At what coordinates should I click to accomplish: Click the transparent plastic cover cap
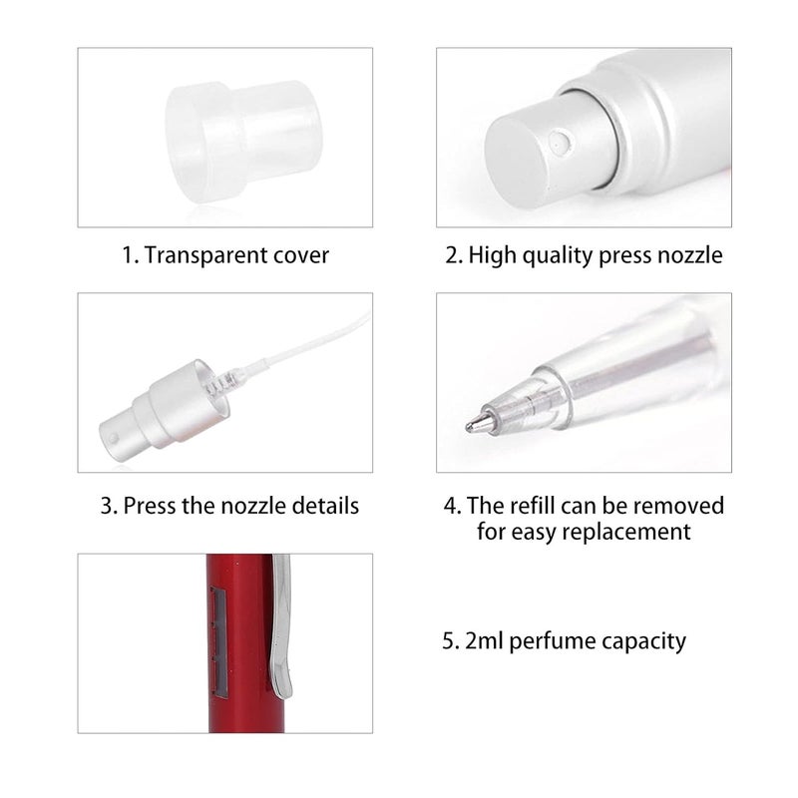click(243, 140)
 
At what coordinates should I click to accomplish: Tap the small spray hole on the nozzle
click(561, 145)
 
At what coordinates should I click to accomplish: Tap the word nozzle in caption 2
click(688, 254)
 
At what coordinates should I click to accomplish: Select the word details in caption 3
click(322, 506)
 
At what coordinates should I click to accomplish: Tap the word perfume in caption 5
click(555, 640)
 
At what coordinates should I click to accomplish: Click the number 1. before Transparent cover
click(130, 254)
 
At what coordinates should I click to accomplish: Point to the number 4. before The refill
click(452, 506)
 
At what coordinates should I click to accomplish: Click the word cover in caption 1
click(301, 254)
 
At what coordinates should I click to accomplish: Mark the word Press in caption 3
click(151, 506)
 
